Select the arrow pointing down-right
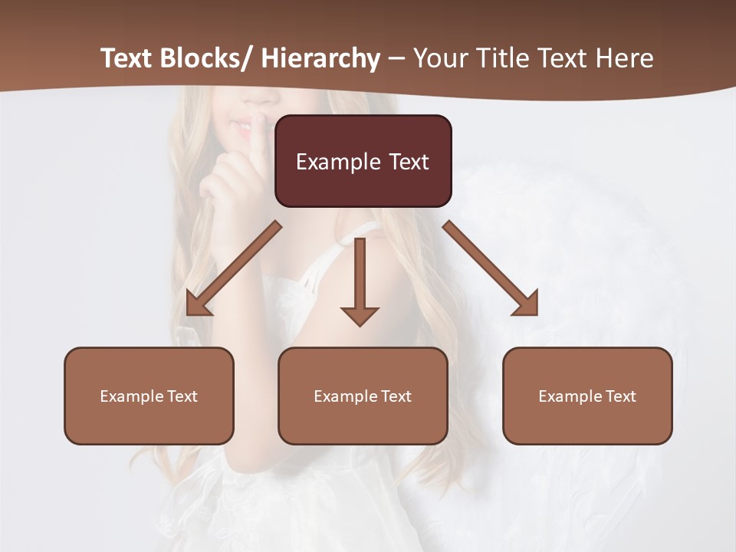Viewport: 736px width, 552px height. point(491,269)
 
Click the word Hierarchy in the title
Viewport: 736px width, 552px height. point(320,58)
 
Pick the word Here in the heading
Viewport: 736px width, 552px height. point(626,58)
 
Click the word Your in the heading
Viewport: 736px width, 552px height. point(440,58)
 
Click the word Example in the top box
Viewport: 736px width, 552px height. point(338,162)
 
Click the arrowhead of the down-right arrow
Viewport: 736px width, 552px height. point(526,303)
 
